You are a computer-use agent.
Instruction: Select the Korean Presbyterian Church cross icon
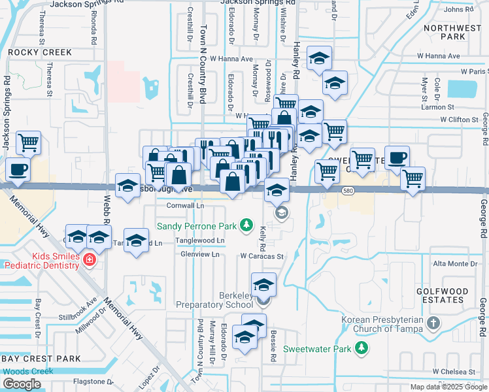click(x=434, y=323)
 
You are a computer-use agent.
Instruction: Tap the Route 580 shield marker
click(x=348, y=189)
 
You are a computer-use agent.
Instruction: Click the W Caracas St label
click(x=261, y=257)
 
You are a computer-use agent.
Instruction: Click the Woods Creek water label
click(x=27, y=371)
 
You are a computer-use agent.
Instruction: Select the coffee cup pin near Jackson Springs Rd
click(x=18, y=170)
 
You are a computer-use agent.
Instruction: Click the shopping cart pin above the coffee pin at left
click(x=28, y=142)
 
